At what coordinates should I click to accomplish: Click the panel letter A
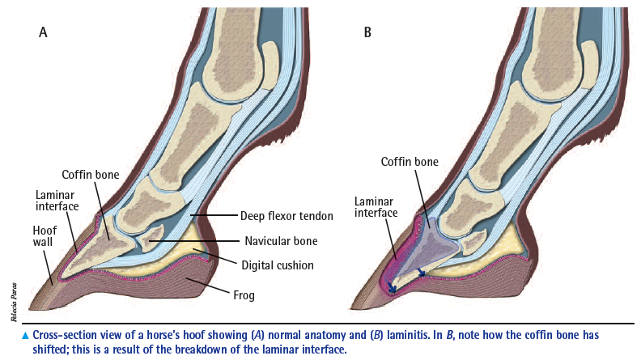tap(43, 32)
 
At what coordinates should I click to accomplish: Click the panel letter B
tap(367, 32)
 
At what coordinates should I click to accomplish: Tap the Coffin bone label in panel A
tap(91, 175)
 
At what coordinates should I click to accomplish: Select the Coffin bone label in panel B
tap(410, 162)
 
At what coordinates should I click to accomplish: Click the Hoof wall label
tap(45, 235)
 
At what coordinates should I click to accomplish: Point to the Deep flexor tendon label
tap(287, 216)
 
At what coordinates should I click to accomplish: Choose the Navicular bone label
tap(282, 241)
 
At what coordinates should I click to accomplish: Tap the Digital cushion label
tap(278, 265)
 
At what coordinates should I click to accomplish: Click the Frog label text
tap(244, 295)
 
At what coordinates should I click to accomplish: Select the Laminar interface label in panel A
tap(57, 201)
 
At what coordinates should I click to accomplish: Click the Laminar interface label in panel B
tap(376, 207)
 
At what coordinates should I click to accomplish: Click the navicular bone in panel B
tap(474, 241)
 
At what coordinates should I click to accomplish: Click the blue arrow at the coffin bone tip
tap(391, 287)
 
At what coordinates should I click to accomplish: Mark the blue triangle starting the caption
tap(25, 336)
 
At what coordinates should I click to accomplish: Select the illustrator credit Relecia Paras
tap(15, 302)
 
